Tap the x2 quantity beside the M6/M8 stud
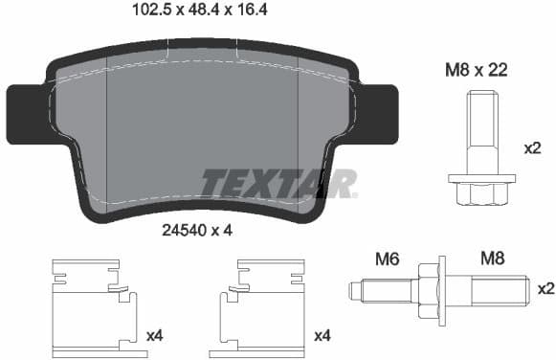pos(545,288)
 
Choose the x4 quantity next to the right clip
pos(322,335)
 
